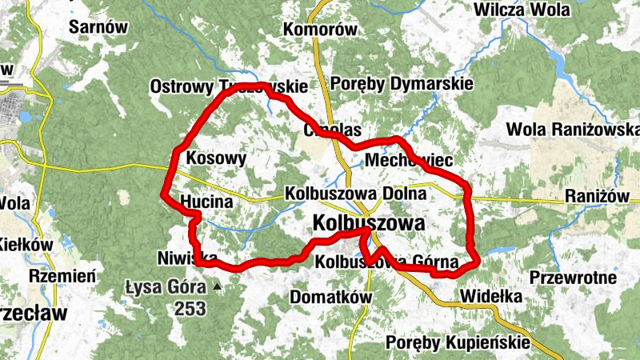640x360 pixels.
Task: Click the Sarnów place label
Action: (x=99, y=27)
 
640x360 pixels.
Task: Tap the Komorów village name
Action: (x=320, y=30)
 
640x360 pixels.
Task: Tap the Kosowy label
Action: (x=216, y=158)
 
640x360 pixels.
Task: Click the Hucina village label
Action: (x=206, y=202)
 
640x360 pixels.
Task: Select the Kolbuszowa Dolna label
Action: (x=352, y=194)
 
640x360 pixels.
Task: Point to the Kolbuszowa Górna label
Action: (x=387, y=261)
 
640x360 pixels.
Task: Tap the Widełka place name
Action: (x=492, y=297)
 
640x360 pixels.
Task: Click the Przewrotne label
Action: (x=574, y=278)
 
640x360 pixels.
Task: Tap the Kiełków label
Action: (x=26, y=244)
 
